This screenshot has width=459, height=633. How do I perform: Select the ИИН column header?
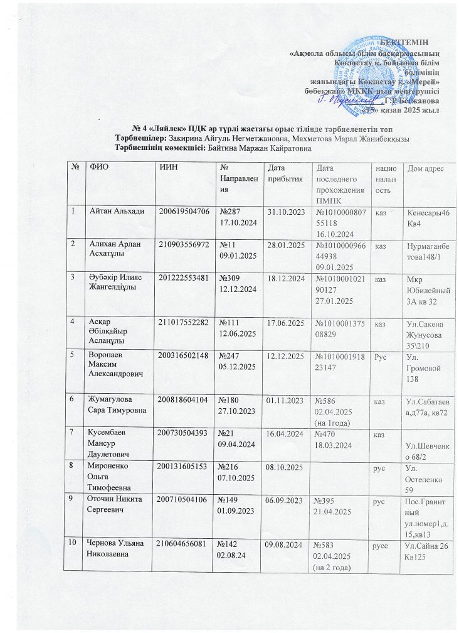pos(169,168)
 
